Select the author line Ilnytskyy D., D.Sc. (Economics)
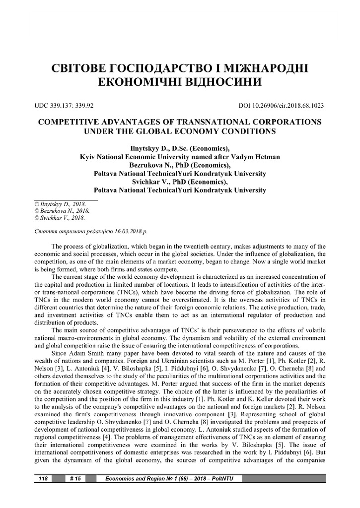click(x=180, y=148)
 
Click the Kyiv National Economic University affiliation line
click(x=180, y=157)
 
